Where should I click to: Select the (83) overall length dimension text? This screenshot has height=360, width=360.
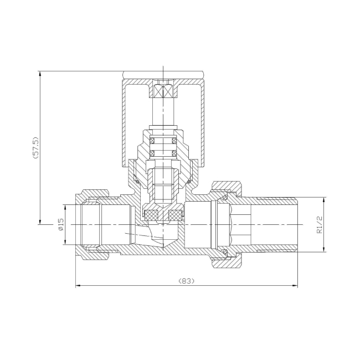tap(186, 281)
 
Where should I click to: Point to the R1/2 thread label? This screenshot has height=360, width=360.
tap(320, 225)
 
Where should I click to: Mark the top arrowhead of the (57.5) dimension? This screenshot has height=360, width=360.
tap(40, 74)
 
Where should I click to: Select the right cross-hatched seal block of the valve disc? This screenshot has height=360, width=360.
tap(176, 214)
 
